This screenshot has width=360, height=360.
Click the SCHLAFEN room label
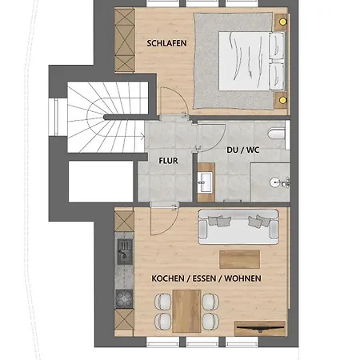(x=166, y=43)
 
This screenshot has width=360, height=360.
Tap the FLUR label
(x=168, y=161)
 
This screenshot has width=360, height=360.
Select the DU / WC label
(x=243, y=150)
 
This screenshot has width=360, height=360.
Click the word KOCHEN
(x=168, y=278)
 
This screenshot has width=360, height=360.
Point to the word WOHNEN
(x=242, y=278)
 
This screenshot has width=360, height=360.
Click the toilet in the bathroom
(x=277, y=134)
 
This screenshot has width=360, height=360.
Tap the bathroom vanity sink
(x=206, y=182)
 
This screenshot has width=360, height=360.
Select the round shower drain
(x=274, y=182)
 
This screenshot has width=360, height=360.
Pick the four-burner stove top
(x=124, y=299)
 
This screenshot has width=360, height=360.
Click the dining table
(x=186, y=311)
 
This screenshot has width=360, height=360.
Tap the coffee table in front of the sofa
(x=239, y=259)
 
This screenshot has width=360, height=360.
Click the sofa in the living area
(x=238, y=227)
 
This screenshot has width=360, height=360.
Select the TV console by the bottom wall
(x=260, y=329)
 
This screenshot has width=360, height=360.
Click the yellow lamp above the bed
(x=282, y=22)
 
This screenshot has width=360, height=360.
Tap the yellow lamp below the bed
(x=282, y=100)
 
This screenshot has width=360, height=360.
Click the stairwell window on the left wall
(x=56, y=118)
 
